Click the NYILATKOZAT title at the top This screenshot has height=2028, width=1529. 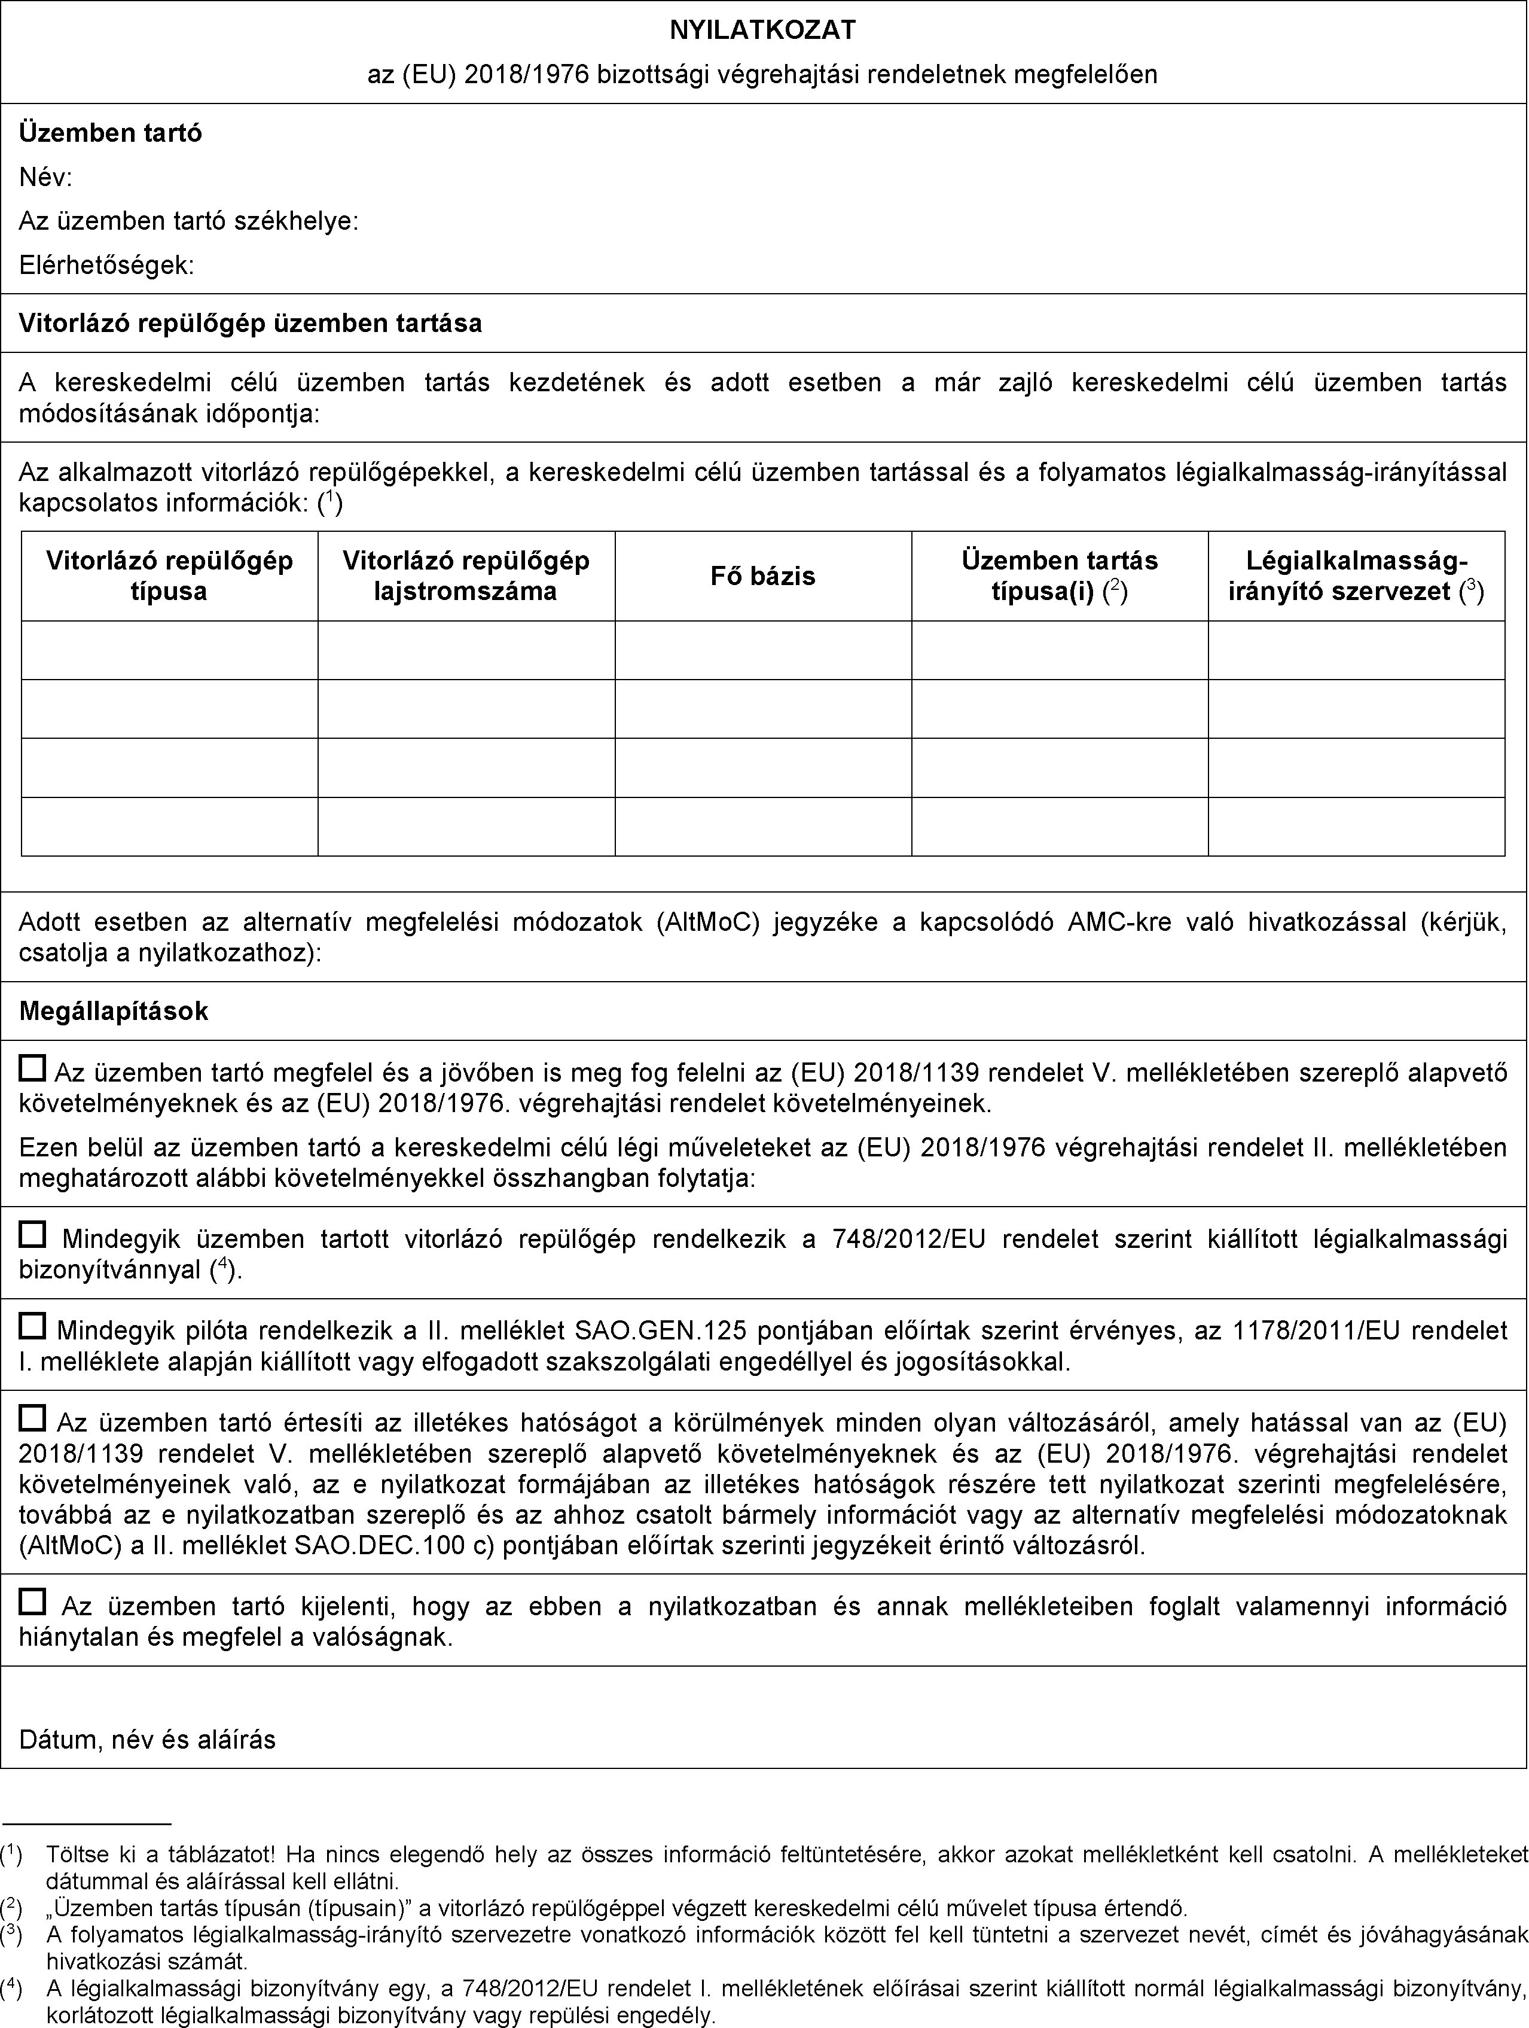point(762,31)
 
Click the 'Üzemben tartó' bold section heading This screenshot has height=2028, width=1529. point(111,133)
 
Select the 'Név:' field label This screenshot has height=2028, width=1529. point(46,178)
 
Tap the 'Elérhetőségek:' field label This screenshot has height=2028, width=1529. point(106,266)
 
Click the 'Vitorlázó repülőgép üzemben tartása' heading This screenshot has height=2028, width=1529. point(251,322)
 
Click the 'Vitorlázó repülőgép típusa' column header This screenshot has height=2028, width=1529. point(170,575)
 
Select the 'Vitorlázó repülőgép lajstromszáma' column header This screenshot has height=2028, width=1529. point(466,575)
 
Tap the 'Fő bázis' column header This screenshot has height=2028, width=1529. point(762,575)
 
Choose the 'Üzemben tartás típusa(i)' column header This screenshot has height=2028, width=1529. point(1059,575)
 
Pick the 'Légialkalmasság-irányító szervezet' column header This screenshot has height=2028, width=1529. point(1356,575)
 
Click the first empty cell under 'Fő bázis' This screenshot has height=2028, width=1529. point(762,650)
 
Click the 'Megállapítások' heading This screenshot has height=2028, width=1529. point(114,1011)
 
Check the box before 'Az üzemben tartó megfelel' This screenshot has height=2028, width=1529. point(32,1068)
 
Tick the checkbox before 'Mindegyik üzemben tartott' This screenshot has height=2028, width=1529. point(32,1235)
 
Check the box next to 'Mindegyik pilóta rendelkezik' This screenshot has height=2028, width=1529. point(32,1325)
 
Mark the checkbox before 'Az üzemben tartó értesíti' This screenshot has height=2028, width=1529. point(32,1418)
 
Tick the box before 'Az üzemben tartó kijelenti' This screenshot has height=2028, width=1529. point(32,1601)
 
